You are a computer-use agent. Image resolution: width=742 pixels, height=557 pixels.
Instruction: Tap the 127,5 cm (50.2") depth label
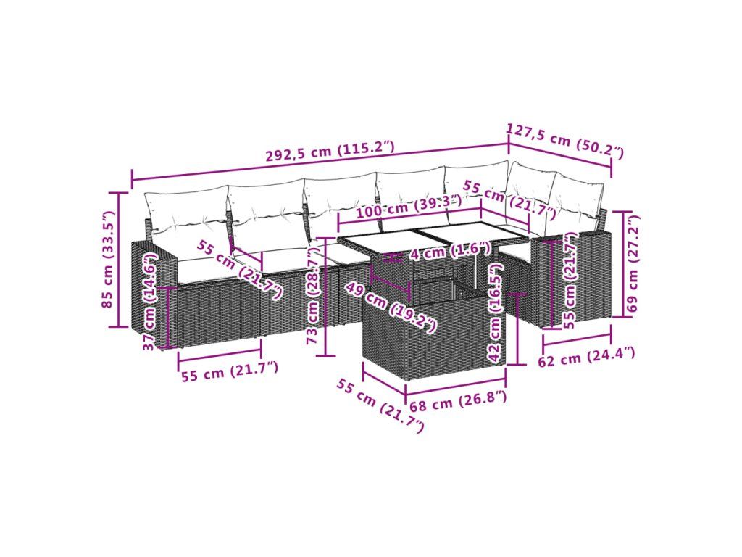[565, 140]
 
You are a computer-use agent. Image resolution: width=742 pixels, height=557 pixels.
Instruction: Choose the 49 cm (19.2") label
[390, 308]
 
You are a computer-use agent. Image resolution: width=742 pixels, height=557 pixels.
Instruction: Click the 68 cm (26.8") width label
[458, 402]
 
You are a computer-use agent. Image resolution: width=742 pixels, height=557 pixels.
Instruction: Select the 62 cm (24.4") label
[586, 356]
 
